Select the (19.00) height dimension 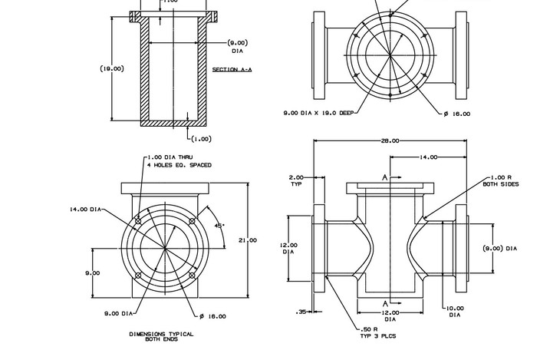pos(112,68)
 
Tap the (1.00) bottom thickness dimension pos(201,139)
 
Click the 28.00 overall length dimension pos(390,141)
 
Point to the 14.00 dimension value pos(428,157)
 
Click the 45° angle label pos(219,226)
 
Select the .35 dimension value pos(301,311)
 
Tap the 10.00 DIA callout pos(454,311)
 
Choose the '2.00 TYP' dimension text pos(296,180)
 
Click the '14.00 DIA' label pos(86,209)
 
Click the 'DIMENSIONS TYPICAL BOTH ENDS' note pos(161,336)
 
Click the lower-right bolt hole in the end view pos(193,275)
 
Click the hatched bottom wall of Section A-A pos(175,121)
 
